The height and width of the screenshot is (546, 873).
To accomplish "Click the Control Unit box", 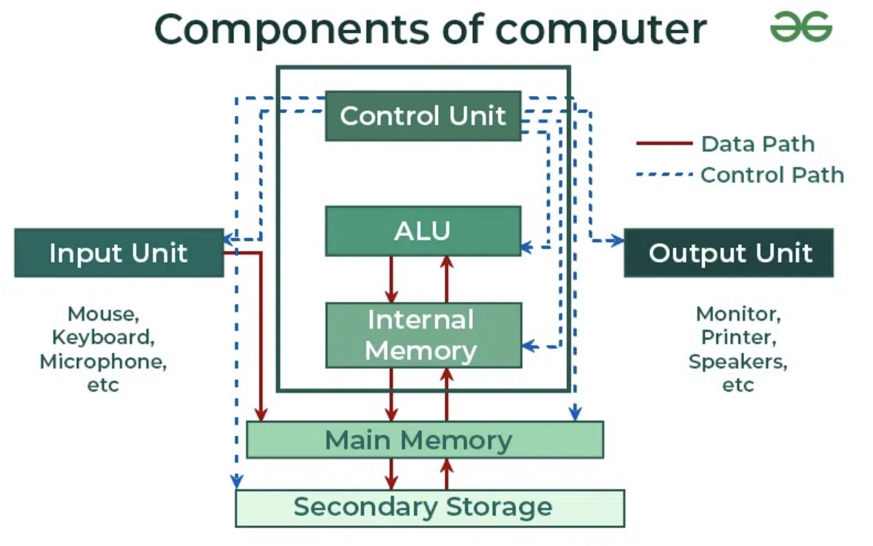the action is pos(423,116).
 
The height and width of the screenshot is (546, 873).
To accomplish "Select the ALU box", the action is pos(423,231).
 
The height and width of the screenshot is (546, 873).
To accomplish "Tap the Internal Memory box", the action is pos(423,335).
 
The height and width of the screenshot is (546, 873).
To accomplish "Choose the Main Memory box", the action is pos(426,440).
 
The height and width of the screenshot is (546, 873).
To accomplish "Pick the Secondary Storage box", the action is pos(430,508).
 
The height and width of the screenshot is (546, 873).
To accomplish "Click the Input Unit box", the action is pos(119,252).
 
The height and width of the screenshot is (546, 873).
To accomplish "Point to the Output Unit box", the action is pos(729,252).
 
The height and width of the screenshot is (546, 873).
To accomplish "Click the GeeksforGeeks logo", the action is pos(802,27).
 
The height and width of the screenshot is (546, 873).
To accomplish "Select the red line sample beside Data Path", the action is pos(664,143).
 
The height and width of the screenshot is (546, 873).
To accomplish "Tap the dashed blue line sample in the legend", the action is pos(664,174).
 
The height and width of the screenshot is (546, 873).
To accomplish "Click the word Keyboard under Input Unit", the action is pos(103,337).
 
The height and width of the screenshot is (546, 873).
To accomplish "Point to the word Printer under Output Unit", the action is pos(739,337).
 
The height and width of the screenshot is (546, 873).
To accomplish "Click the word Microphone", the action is pos(103,362).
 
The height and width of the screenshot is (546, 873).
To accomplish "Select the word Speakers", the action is pos(738,362).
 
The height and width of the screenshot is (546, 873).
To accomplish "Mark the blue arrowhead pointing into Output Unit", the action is pos(618,240).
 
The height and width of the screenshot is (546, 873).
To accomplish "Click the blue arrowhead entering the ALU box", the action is pos(527,247).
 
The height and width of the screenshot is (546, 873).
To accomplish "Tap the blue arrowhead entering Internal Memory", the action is pos(528,346).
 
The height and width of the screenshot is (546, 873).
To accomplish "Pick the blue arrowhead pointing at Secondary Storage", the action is pos(237,482).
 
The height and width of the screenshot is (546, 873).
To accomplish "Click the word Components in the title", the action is pos(292,30).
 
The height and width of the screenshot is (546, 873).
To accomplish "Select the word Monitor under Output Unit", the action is pos(738,314).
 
